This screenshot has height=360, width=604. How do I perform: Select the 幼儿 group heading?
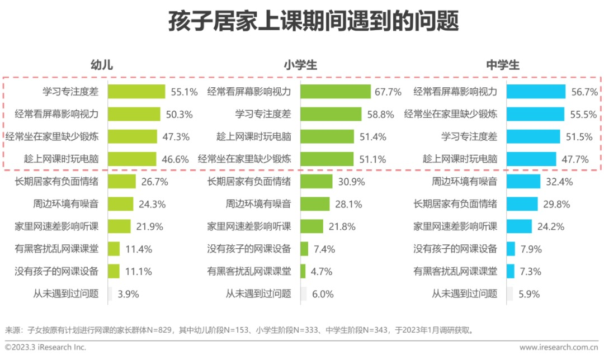click(x=102, y=65)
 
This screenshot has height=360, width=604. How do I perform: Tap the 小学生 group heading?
click(x=300, y=65)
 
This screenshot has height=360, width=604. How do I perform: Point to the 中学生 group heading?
click(x=502, y=65)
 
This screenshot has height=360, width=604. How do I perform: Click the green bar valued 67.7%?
click(x=336, y=92)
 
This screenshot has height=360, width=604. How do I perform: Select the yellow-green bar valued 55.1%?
click(x=136, y=92)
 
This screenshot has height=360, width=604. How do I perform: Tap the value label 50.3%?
click(x=180, y=115)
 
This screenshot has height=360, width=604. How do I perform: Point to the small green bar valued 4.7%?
click(x=303, y=271)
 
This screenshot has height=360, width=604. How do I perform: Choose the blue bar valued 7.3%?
click(x=510, y=271)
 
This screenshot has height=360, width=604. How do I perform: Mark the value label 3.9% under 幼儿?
click(x=128, y=293)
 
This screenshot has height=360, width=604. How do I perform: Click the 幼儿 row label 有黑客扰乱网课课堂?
click(x=56, y=249)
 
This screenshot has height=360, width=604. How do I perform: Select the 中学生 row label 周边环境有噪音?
click(x=464, y=182)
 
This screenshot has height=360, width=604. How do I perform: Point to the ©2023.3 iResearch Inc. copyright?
click(x=46, y=347)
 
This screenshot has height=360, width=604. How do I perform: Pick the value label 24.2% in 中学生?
click(x=550, y=226)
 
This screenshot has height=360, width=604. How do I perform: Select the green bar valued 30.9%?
click(x=317, y=182)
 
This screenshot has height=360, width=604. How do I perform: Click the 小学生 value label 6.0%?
click(x=323, y=293)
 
